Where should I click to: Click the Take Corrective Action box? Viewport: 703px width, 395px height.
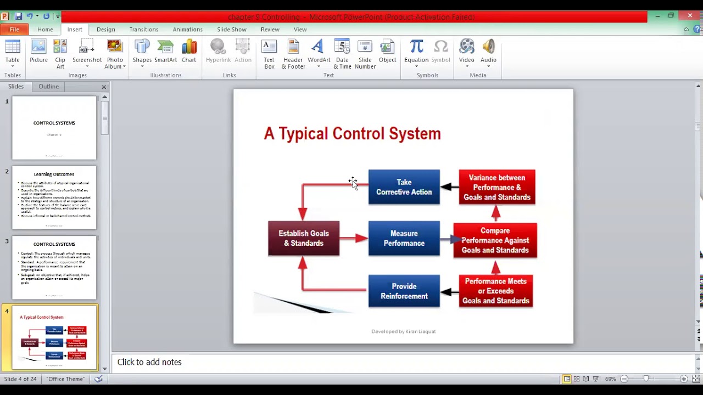404,187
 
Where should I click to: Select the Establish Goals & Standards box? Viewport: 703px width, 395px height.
304,238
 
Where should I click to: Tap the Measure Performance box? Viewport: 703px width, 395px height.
404,238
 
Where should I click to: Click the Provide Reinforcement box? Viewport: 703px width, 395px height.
404,291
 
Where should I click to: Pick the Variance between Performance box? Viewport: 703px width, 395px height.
496,188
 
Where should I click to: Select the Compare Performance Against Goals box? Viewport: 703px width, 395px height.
495,240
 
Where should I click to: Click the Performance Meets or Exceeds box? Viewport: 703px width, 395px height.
495,291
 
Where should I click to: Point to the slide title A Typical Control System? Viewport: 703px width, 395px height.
352,134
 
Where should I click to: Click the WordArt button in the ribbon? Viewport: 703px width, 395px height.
319,54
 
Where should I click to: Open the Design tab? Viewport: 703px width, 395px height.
106,30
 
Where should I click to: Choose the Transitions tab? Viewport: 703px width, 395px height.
144,30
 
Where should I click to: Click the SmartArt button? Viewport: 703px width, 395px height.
165,54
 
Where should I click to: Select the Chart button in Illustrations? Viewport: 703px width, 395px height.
189,54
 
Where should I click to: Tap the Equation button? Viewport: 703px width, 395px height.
416,54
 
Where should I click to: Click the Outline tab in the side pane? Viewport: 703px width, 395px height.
48,87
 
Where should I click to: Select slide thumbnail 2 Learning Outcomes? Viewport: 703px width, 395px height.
54,198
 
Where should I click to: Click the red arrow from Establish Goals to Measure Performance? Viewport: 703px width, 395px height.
354,238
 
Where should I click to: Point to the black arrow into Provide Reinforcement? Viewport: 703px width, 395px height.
449,292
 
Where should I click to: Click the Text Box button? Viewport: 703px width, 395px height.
269,54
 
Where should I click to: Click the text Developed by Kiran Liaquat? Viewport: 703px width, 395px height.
403,331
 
